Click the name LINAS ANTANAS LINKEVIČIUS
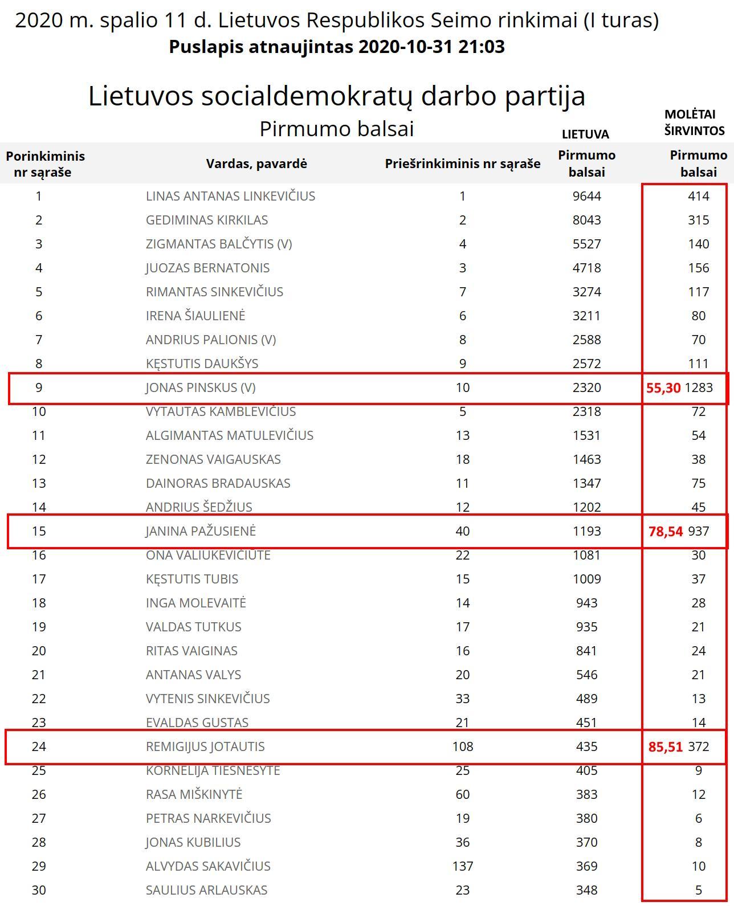230,196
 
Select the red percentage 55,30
663,388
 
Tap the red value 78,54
665,532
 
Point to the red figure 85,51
665,746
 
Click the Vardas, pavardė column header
256,164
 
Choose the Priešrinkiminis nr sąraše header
462,164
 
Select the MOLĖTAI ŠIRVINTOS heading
694,123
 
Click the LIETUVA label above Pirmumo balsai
585,134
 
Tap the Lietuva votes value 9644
586,196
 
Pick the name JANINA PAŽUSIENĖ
201,531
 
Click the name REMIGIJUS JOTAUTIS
205,746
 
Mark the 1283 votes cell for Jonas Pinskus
699,388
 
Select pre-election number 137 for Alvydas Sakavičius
462,866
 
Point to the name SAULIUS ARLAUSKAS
206,890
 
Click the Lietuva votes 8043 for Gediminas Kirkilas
586,220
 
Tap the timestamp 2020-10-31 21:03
431,47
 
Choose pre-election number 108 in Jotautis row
462,746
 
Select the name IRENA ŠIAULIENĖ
195,316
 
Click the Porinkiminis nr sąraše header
45,164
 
